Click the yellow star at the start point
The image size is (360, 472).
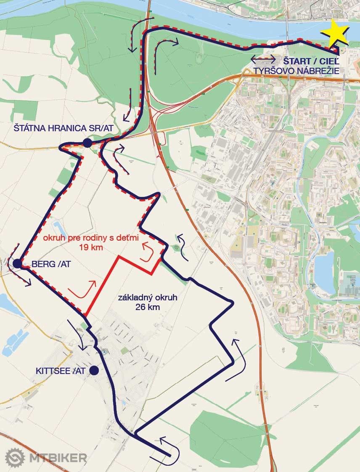pos(335,32)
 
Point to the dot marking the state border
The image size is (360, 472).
pos(87,143)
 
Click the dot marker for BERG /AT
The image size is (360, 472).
pos(17,264)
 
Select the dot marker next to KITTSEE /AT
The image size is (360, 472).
pos(94,370)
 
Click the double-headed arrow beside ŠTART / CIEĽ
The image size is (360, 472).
pos(264,59)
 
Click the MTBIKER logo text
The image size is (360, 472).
pos(58,458)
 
